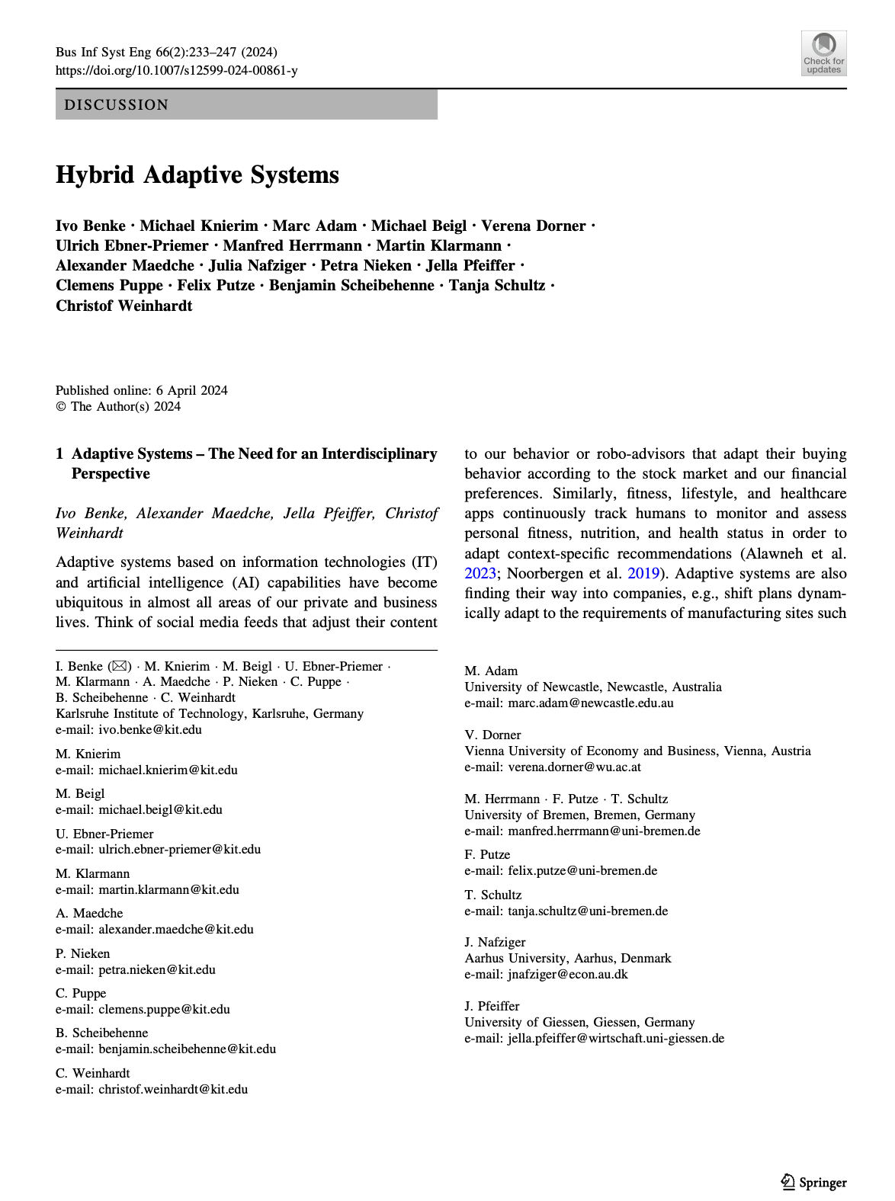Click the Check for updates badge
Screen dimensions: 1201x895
click(x=823, y=53)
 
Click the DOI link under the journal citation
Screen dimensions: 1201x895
click(x=176, y=71)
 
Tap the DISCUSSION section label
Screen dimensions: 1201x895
click(x=117, y=105)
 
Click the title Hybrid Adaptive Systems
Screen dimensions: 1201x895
click(x=197, y=175)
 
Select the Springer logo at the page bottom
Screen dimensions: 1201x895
click(x=813, y=1182)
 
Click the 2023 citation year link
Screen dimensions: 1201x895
click(x=480, y=573)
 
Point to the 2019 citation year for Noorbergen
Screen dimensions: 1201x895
click(x=643, y=573)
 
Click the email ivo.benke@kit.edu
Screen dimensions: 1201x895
click(x=150, y=729)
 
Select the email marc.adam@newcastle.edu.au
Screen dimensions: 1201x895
click(x=590, y=703)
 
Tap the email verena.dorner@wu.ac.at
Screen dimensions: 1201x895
click(x=574, y=767)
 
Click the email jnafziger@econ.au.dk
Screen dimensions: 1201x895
click(x=567, y=974)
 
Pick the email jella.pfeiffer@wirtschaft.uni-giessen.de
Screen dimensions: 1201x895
click(x=615, y=1038)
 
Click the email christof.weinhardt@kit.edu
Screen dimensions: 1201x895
click(x=173, y=1089)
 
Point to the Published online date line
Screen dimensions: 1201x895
click(x=142, y=390)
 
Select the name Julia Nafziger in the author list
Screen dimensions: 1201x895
click(x=257, y=265)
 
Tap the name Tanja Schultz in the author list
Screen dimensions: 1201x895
click(x=496, y=285)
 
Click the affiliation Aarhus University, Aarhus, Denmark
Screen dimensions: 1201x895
click(x=568, y=958)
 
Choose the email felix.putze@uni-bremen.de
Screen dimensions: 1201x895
click(x=582, y=870)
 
